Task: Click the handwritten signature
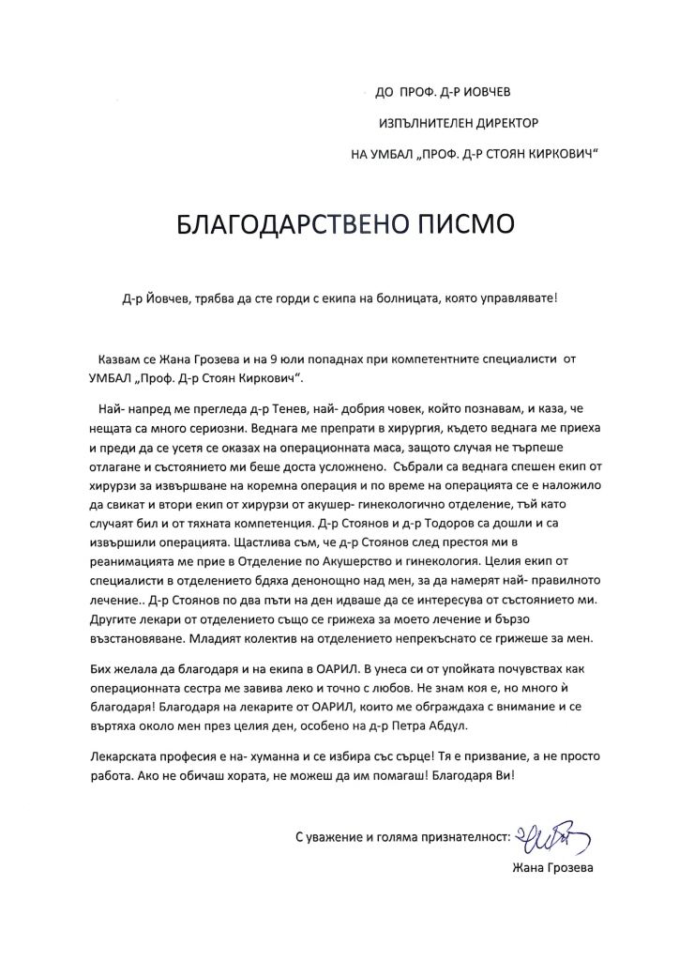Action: coord(554,834)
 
